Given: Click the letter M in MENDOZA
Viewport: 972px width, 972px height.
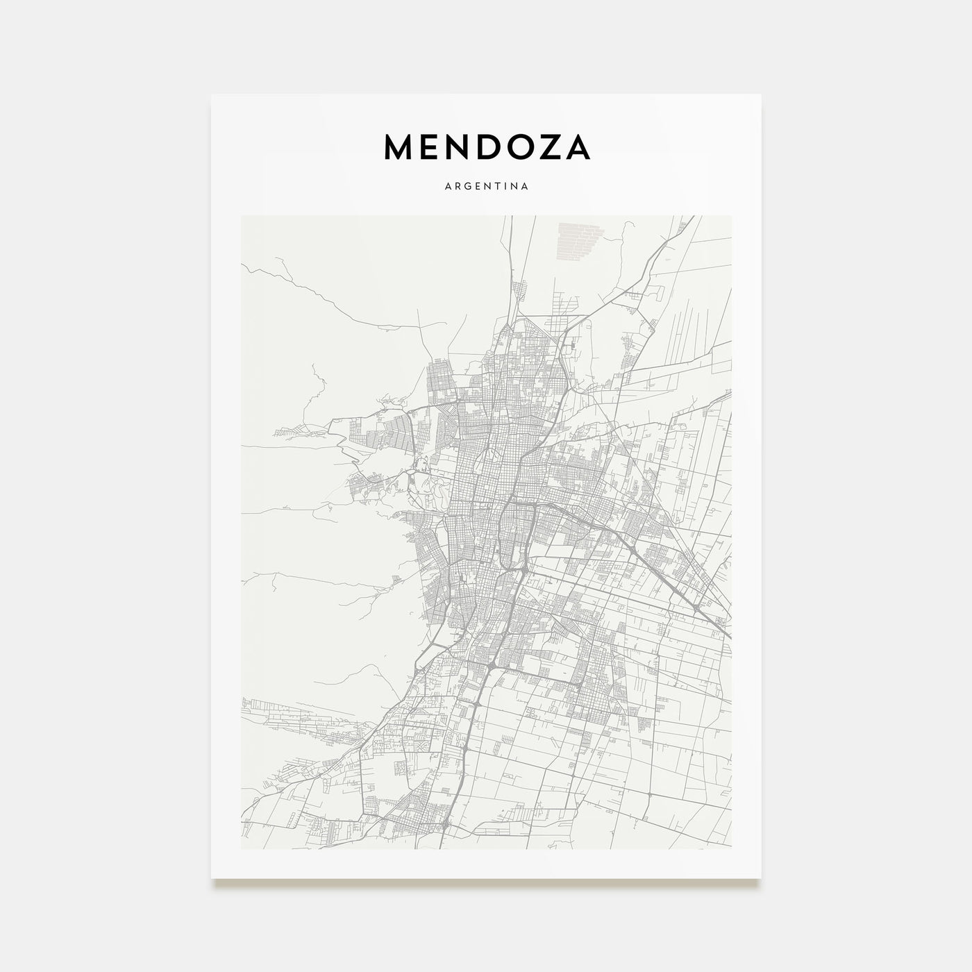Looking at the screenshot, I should coord(400,146).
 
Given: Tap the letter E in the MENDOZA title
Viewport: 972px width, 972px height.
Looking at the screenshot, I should coord(433,146).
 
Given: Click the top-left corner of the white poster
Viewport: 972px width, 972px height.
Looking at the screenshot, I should coord(212,95).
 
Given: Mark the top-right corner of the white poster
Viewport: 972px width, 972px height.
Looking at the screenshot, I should coord(761,95).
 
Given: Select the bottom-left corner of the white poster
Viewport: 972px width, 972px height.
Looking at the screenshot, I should coord(212,878).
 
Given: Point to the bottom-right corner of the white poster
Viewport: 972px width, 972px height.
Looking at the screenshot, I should coord(761,878).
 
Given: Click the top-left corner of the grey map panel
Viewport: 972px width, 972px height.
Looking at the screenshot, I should coord(241,216).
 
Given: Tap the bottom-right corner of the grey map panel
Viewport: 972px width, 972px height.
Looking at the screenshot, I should coord(731,848).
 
